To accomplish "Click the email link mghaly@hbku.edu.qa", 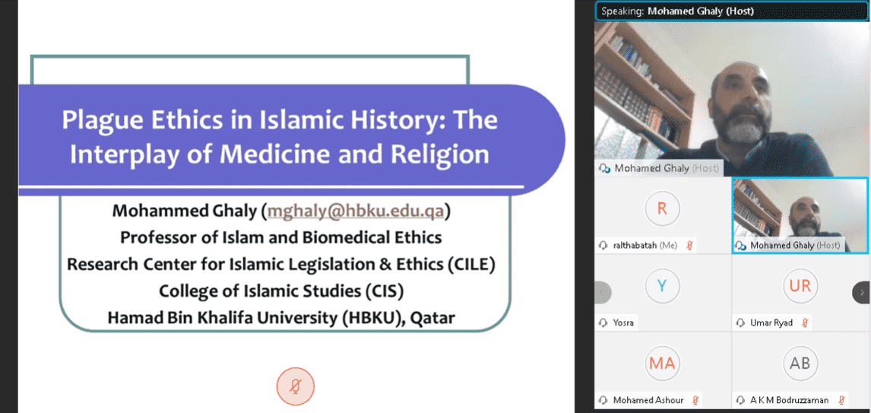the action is click(x=358, y=211).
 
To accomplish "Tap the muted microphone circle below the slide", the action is click(x=296, y=386).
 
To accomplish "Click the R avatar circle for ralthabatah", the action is click(x=661, y=208).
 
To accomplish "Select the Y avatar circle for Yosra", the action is click(x=661, y=286).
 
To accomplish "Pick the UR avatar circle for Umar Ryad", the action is click(x=800, y=286).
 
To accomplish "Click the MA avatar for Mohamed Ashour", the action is click(x=661, y=363).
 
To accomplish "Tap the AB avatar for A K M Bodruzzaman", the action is click(x=800, y=363).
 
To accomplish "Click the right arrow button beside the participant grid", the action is click(x=862, y=292).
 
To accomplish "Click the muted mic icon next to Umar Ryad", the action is click(x=804, y=322).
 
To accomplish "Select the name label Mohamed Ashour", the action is click(x=648, y=399).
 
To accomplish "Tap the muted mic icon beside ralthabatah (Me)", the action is click(x=689, y=245).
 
